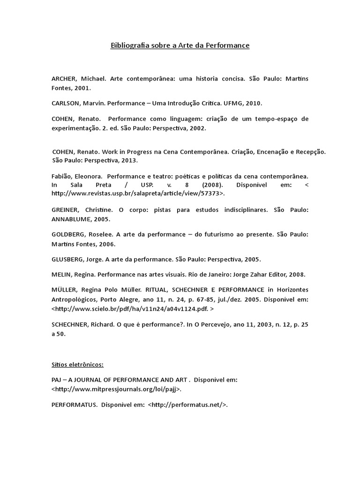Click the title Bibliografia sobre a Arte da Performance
click(180, 45)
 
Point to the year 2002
click(197, 127)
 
